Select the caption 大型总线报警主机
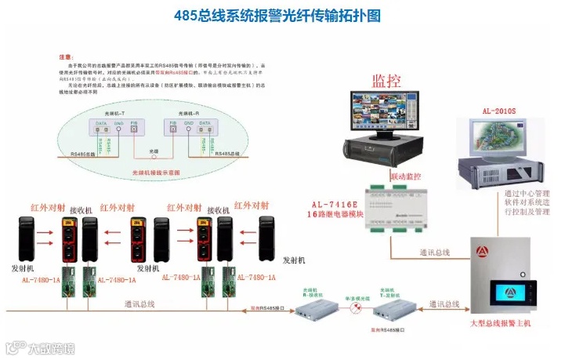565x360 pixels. click(x=499, y=323)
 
